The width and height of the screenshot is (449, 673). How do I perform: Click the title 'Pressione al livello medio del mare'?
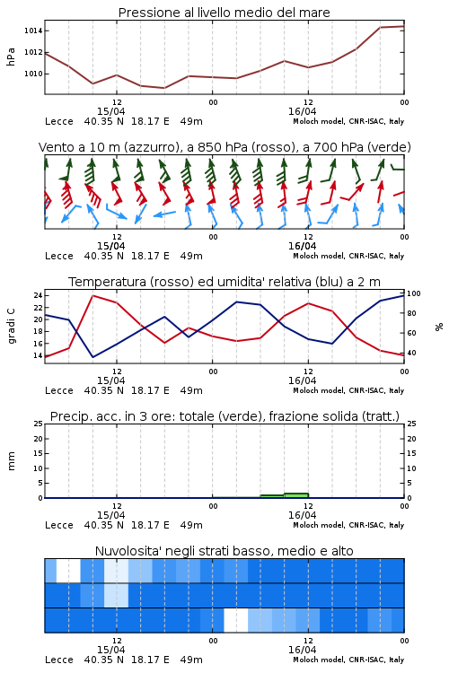click(x=224, y=13)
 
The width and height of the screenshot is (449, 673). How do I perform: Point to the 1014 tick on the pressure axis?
click(x=33, y=31)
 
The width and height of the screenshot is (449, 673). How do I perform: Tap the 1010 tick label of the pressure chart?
click(x=33, y=74)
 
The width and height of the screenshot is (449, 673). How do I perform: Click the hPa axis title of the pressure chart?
click(x=11, y=57)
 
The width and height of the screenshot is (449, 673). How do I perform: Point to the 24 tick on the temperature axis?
click(x=38, y=295)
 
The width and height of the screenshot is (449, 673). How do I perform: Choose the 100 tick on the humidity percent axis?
click(x=414, y=293)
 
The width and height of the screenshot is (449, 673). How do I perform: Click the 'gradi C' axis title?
click(x=11, y=327)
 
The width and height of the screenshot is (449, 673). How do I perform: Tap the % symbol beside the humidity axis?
click(x=439, y=327)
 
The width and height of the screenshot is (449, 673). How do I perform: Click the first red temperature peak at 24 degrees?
click(x=92, y=295)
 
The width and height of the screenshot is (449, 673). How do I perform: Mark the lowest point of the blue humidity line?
click(x=92, y=357)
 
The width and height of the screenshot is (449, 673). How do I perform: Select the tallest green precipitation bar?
click(x=296, y=495)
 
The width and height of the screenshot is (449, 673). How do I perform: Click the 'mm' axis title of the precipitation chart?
click(x=11, y=461)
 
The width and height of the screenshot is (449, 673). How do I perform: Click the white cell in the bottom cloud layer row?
click(x=236, y=620)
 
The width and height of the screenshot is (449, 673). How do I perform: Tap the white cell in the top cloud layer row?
click(x=68, y=571)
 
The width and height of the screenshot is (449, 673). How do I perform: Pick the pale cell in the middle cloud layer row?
click(x=116, y=595)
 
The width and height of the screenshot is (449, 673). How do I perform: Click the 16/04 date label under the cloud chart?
click(x=302, y=650)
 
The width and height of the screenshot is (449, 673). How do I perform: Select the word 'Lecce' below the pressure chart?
click(x=59, y=121)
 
